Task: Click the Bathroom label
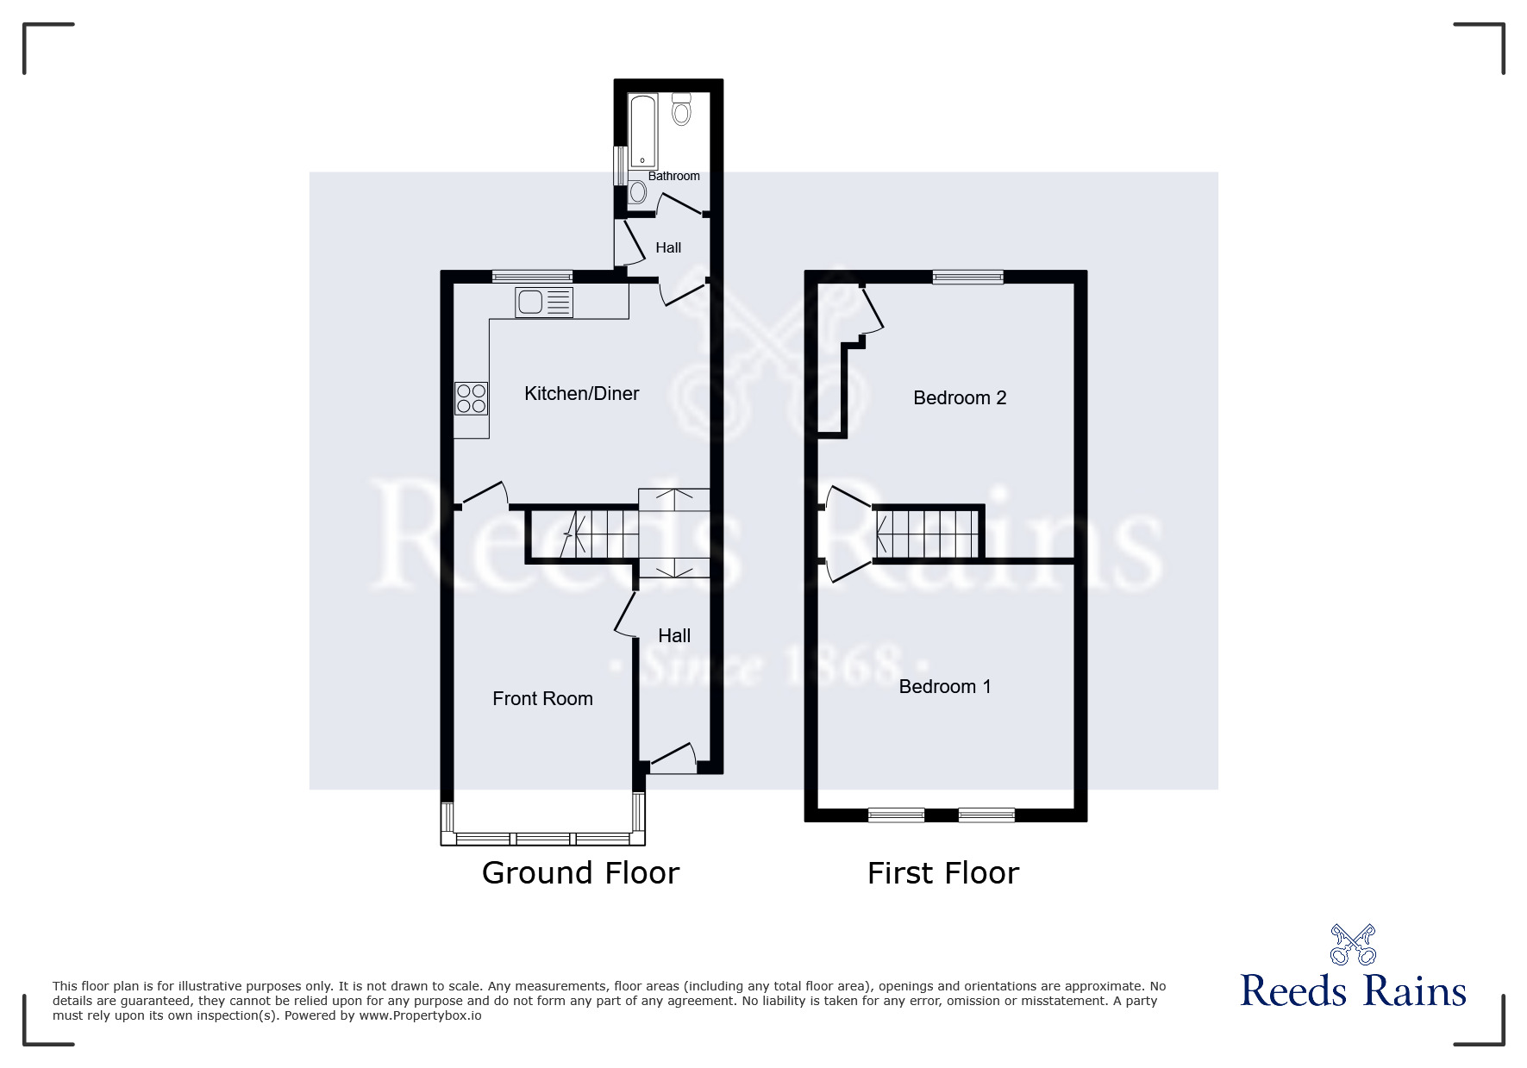pos(673,176)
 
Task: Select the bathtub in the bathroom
pos(642,131)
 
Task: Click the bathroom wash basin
pos(638,190)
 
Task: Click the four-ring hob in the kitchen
pos(472,398)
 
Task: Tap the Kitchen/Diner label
pos(581,394)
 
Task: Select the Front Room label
pos(542,699)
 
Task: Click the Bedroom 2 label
pos(960,397)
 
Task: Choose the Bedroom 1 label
pos(944,686)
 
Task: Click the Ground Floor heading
pos(580,873)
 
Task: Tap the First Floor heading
pos(942,873)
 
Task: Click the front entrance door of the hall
pos(673,755)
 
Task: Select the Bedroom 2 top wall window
pos(967,277)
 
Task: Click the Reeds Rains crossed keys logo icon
pos(1353,945)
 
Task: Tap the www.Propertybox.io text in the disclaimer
pos(420,1015)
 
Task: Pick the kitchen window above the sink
pos(532,277)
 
